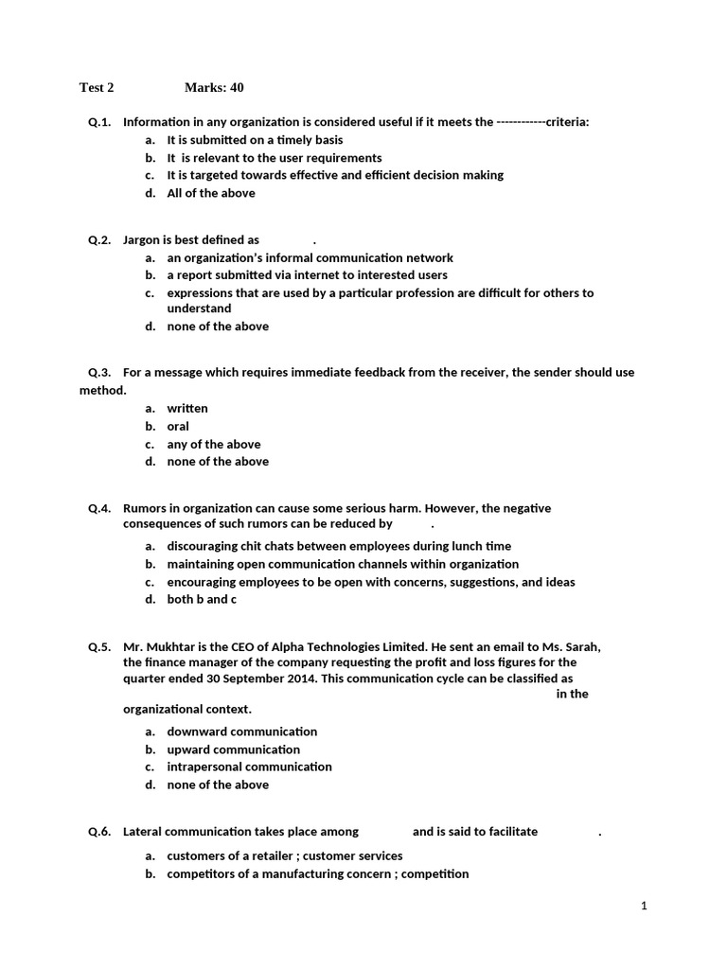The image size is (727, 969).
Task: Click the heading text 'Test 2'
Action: (x=97, y=88)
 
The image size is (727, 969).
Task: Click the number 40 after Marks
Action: (x=236, y=88)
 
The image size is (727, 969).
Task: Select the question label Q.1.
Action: (x=99, y=122)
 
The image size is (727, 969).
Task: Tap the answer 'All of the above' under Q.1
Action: (x=211, y=193)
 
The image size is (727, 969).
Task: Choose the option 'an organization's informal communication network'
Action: (x=310, y=257)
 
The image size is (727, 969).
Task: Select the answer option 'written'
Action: (x=187, y=409)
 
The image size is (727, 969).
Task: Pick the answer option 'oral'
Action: (x=178, y=427)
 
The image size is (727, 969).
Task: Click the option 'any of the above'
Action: (x=214, y=444)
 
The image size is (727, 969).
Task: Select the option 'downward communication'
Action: (x=242, y=731)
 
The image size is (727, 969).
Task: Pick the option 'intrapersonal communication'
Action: (x=250, y=766)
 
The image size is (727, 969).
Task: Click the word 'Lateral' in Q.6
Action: (x=143, y=832)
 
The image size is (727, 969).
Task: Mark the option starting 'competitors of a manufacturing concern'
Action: (x=317, y=874)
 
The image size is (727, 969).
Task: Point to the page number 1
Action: (x=644, y=906)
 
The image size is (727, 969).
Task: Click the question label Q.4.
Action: (x=99, y=508)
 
